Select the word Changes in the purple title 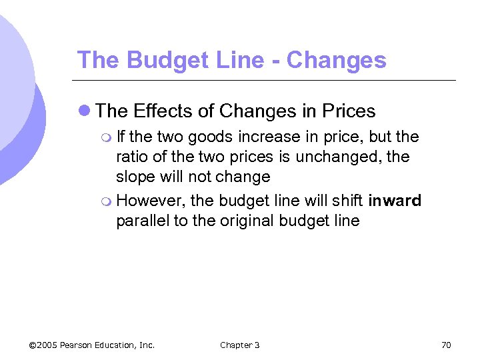point(336,60)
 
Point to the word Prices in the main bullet point(347,111)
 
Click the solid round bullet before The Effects point(84,111)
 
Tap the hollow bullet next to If point(108,138)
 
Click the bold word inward point(395,201)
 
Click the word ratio point(131,157)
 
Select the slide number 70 point(446,345)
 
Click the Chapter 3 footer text point(239,345)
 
